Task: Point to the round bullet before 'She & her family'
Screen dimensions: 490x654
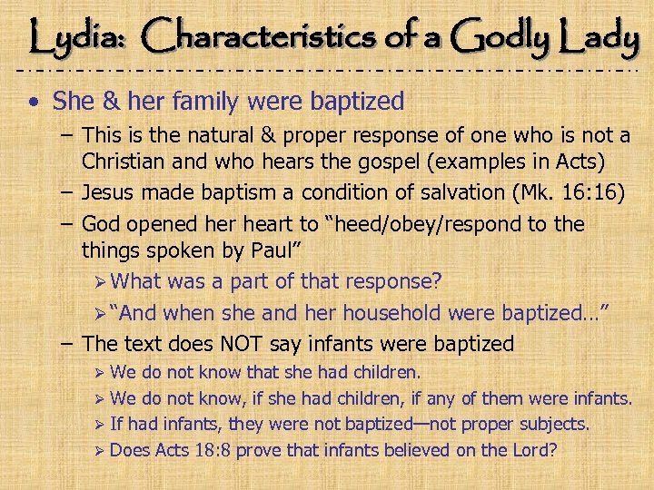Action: (33, 101)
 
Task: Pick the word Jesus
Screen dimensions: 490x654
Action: (110, 192)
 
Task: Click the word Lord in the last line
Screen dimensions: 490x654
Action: (523, 449)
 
